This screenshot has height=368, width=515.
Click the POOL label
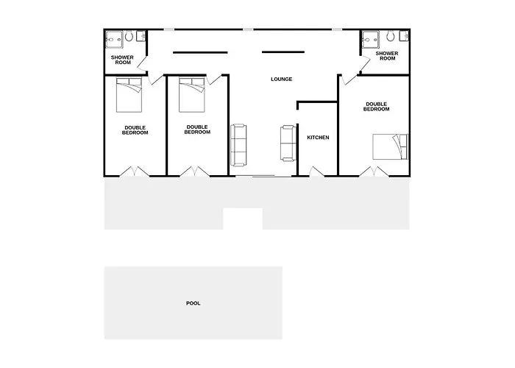pos(193,303)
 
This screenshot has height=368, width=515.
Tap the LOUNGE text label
pos(282,79)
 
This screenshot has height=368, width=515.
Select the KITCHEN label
pos(318,138)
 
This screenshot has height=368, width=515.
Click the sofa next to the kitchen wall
pos(288,144)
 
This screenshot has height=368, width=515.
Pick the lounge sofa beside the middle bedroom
pos(238,145)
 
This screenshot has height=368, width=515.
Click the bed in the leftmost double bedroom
pos(129,95)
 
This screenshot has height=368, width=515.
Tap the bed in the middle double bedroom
pos(192,95)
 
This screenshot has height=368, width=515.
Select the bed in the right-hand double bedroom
pos(390,146)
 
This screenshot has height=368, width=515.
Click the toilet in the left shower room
pos(129,36)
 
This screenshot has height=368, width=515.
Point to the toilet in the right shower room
pos(391,35)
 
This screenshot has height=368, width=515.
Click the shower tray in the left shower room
pos(114,40)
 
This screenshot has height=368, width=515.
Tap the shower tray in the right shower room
pos(371,40)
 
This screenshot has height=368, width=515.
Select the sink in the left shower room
pos(141,36)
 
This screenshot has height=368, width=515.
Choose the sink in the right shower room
pos(405,36)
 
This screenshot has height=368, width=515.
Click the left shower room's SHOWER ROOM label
pos(122,60)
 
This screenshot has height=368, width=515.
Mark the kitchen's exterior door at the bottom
pos(316,171)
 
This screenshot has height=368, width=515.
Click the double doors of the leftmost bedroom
pos(134,171)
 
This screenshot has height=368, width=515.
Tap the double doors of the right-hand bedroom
pos(374,171)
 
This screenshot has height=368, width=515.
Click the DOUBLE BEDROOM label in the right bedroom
pos(377,107)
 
